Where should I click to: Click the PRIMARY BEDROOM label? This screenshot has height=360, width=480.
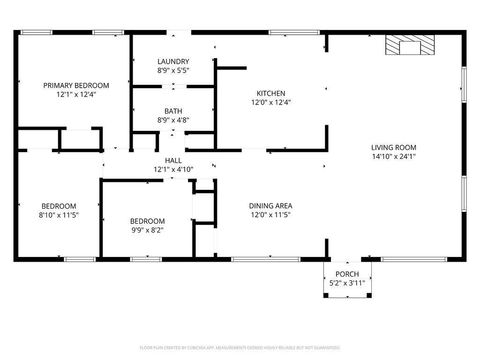coord(76,86)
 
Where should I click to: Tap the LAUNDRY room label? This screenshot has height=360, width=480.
coord(173,62)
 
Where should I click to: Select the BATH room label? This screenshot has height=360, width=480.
coord(173,112)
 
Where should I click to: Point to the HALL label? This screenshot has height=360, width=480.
coord(173,160)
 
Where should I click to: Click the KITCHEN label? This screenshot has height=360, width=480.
coord(271,92)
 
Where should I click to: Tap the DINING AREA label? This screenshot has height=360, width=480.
coord(271,206)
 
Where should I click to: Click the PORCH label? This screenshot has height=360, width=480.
coord(347,274)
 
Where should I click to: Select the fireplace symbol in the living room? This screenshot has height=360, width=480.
coord(412,46)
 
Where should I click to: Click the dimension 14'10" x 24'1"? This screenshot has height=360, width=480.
coord(394,155)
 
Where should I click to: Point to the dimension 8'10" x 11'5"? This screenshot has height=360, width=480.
coord(58,215)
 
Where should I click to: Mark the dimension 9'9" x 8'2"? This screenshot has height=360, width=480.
coord(148,230)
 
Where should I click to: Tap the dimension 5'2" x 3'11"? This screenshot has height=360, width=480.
coord(347,283)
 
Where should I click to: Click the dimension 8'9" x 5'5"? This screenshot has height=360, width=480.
coord(173,71)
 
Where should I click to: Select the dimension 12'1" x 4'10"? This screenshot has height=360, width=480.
coord(173,169)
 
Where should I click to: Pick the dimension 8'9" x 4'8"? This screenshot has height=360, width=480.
coord(173,121)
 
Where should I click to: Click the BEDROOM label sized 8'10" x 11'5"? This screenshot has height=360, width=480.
coord(58,206)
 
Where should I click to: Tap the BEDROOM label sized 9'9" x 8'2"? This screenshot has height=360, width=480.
coord(148,221)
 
